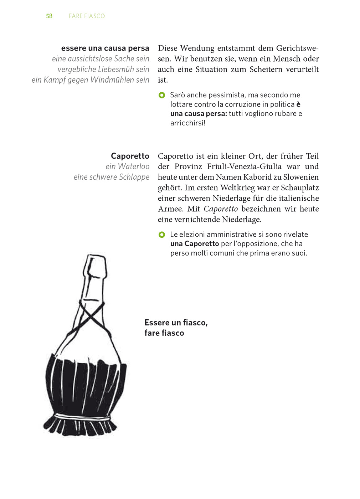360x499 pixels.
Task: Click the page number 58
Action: (49, 16)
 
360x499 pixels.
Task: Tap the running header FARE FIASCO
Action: (87, 16)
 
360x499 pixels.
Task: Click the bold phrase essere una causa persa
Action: (105, 48)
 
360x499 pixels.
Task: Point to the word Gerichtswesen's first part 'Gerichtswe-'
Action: (297, 48)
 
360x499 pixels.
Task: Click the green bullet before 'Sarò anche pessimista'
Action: (162, 95)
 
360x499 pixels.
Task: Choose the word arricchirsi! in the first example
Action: (188, 123)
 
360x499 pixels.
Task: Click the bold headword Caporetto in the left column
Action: (130, 156)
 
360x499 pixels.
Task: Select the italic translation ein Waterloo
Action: (127, 166)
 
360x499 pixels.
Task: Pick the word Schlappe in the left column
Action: (134, 177)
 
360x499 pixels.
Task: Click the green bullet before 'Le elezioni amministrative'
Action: (162, 235)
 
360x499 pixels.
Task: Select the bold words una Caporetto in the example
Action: (195, 244)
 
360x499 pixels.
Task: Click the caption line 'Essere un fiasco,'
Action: (176, 323)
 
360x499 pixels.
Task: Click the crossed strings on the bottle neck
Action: (91, 315)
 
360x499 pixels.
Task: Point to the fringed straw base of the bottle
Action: (81, 425)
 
